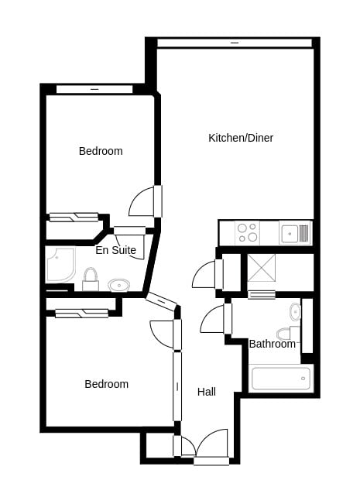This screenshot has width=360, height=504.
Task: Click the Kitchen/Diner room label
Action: point(241,139)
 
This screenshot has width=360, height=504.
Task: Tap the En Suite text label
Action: point(115,250)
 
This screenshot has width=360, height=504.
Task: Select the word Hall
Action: point(207,392)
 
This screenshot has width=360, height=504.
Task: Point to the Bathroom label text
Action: point(272,344)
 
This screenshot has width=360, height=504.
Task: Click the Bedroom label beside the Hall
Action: point(106,384)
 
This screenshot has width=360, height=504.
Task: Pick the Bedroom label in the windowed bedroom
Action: point(101,151)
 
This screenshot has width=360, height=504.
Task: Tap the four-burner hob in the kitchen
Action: point(247,232)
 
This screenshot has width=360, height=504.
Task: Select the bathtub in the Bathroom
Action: point(280,378)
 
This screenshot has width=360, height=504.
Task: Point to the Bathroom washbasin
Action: point(295,312)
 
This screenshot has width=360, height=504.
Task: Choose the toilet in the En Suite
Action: point(91,279)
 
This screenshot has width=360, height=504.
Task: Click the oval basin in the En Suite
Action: point(118,285)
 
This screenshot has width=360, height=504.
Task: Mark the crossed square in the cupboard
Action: point(261,268)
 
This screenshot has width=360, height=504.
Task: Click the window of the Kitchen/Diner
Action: point(235,43)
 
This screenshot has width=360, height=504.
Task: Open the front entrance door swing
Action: point(213,444)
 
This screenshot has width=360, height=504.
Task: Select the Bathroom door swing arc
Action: point(214,320)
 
